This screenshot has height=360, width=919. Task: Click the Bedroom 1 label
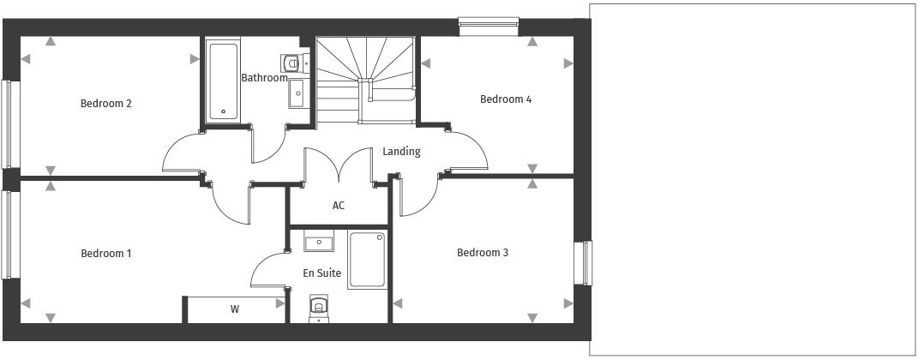(x=106, y=254)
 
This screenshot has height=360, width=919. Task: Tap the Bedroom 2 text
(x=106, y=104)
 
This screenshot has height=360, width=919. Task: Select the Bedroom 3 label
(x=483, y=253)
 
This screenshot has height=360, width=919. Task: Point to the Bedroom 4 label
(x=506, y=99)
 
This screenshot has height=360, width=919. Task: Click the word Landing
(x=401, y=152)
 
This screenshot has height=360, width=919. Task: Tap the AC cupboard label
(x=339, y=206)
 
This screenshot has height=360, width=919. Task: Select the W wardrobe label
(x=234, y=309)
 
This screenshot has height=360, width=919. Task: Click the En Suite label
(x=322, y=273)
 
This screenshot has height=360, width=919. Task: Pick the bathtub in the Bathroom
(x=223, y=81)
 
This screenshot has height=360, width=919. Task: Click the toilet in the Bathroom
(x=293, y=63)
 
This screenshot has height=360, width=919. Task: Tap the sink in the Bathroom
(x=296, y=93)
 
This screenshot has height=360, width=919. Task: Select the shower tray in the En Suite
(x=368, y=261)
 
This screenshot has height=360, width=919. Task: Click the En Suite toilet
(x=318, y=306)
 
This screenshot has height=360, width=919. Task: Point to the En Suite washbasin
(x=318, y=243)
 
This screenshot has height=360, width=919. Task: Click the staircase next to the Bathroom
(x=363, y=77)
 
